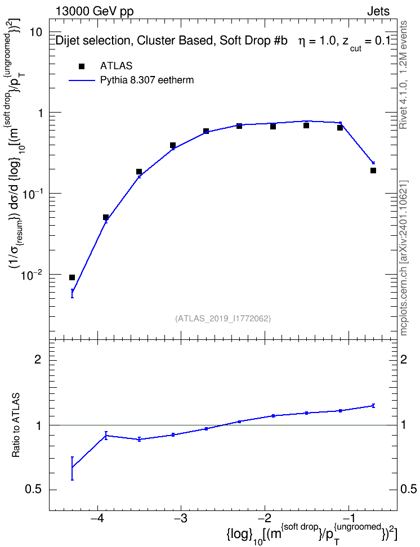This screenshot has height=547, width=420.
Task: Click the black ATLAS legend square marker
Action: [82, 66]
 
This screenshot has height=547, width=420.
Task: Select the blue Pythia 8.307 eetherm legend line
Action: [82, 80]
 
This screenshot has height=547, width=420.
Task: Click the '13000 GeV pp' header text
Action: [94, 11]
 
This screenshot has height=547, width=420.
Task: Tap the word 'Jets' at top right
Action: [378, 11]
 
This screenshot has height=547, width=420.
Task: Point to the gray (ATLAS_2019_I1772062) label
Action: [223, 319]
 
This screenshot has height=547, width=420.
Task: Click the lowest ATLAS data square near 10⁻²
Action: [72, 277]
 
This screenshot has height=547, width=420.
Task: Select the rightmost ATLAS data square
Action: [373, 171]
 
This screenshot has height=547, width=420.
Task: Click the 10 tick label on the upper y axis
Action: [36, 33]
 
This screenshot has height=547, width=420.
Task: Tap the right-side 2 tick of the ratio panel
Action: [404, 359]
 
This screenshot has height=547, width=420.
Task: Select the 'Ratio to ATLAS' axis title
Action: [16, 425]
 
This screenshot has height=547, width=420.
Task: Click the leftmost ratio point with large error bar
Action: [72, 468]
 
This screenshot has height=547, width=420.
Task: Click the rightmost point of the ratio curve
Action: [373, 405]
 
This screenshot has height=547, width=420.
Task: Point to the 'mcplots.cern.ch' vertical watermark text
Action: [404, 299]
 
